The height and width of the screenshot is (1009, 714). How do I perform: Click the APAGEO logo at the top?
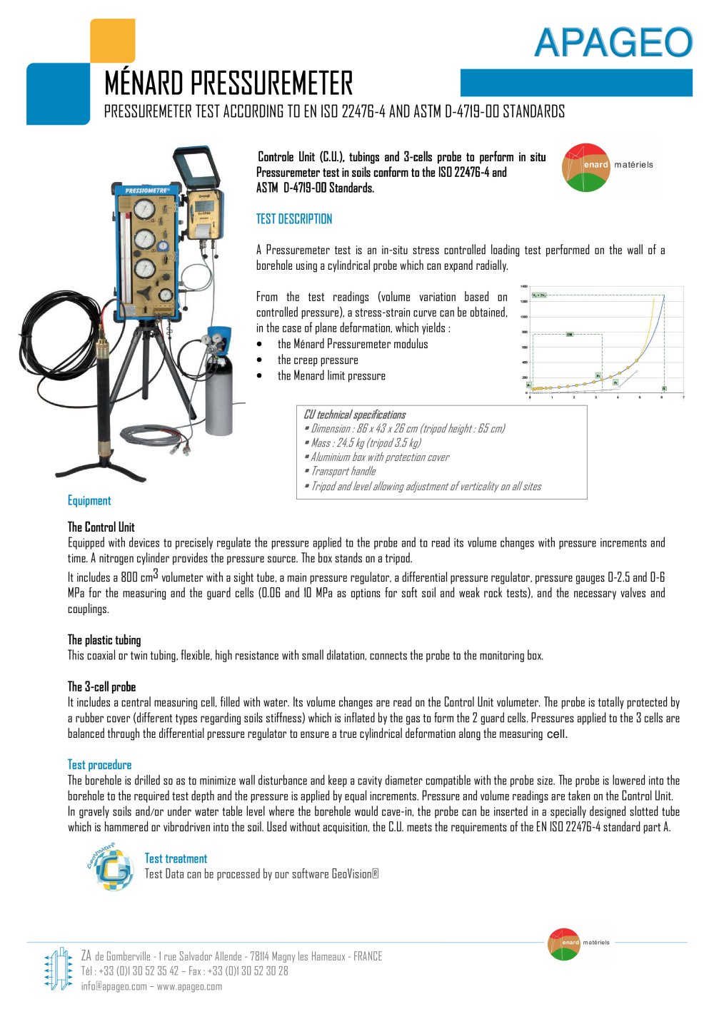tap(613, 43)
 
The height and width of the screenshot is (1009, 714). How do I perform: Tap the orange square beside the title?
tap(112, 40)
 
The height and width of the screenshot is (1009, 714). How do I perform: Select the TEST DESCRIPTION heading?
tap(294, 219)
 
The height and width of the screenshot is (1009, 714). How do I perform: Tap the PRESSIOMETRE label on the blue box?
tap(147, 191)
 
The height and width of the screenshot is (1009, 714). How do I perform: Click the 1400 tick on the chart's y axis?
tap(524, 287)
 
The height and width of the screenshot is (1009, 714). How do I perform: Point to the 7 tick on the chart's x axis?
tap(683, 397)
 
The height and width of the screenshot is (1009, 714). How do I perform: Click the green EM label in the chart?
tap(570, 334)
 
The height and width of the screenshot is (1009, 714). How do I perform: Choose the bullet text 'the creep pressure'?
tap(318, 360)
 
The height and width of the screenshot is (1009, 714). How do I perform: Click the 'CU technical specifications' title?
tap(354, 415)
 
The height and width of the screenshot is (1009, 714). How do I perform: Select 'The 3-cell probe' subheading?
tap(101, 686)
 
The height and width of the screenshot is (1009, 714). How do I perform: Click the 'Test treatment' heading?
tap(176, 858)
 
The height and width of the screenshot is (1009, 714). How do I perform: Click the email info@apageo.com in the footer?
tap(114, 986)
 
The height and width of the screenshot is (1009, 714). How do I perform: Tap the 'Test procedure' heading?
tap(99, 765)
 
